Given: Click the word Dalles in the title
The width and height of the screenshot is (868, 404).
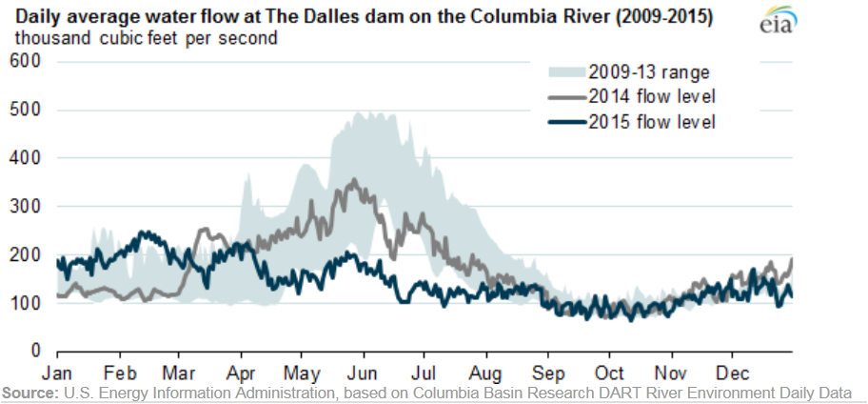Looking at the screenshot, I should tap(332, 18).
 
